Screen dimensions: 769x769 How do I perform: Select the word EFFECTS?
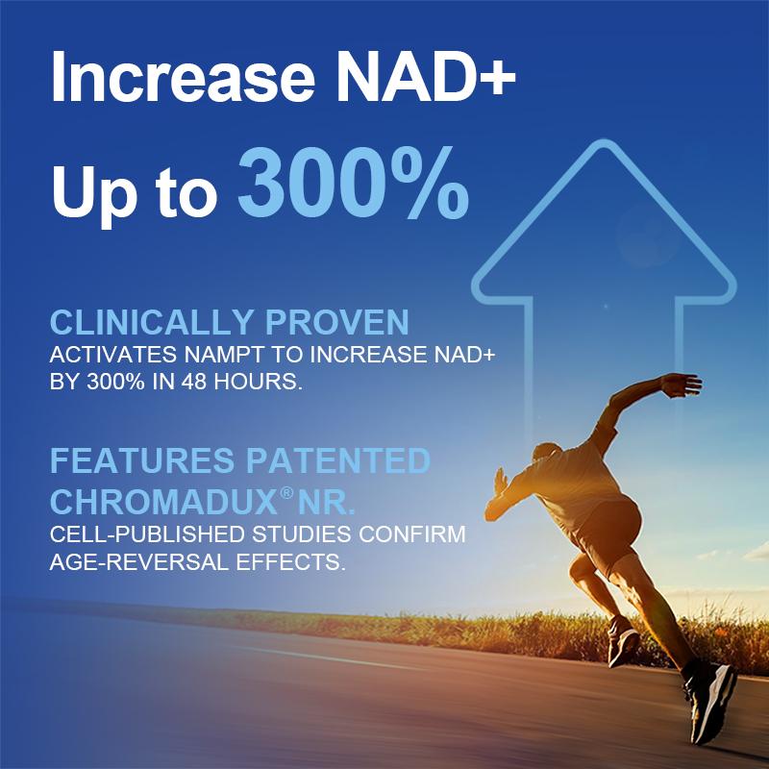click(293, 561)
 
